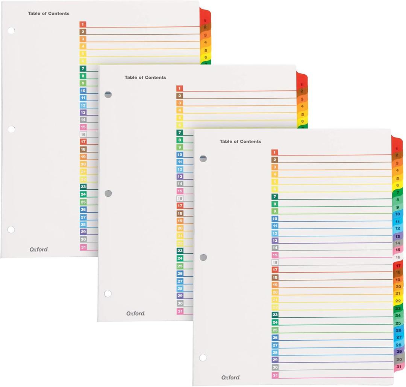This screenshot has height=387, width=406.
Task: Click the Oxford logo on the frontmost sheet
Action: click(x=230, y=377)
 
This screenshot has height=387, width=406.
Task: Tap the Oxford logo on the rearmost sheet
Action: click(x=39, y=249)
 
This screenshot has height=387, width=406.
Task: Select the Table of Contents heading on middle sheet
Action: click(x=145, y=78)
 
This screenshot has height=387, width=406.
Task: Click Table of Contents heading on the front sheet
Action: click(x=240, y=142)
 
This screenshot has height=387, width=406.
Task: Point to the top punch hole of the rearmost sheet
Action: click(x=11, y=30)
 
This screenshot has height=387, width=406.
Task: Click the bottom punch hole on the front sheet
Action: click(x=203, y=357)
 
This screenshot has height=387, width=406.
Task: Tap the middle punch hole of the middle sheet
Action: click(x=108, y=193)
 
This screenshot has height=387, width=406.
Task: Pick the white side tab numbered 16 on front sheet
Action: click(x=398, y=257)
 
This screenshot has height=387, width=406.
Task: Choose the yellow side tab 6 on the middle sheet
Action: click(x=302, y=121)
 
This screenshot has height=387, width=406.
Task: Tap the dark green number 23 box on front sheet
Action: click(x=275, y=315)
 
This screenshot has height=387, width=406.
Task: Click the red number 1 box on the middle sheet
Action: click(x=180, y=88)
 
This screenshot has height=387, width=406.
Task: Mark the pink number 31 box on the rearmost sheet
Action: click(x=83, y=247)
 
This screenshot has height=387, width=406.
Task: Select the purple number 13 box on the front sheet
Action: click(x=275, y=240)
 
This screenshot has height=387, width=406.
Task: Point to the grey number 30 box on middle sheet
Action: click(x=180, y=303)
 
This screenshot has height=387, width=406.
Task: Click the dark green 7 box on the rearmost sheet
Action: click(x=83, y=69)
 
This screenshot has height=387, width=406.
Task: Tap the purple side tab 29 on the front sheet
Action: click(x=398, y=352)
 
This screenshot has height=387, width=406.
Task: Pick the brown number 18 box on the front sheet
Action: click(x=275, y=277)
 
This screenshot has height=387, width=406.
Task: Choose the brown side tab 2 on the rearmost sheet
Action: click(x=205, y=27)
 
